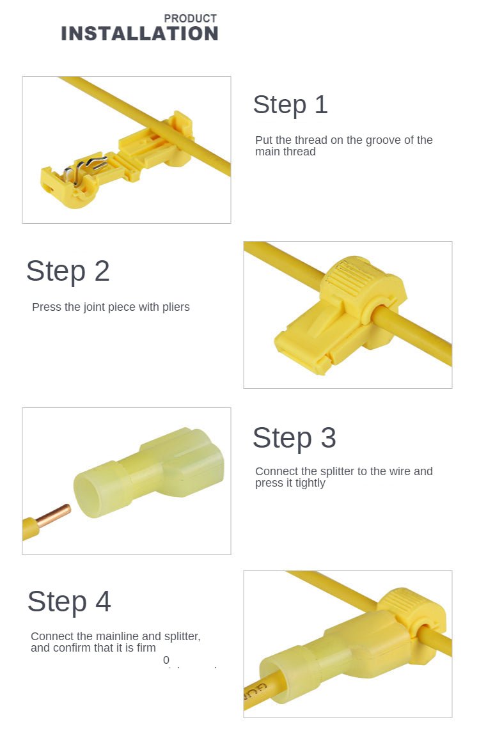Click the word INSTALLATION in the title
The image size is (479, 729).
pos(139,34)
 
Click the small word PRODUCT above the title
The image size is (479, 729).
pos(190,19)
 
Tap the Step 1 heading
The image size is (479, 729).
pos(290,105)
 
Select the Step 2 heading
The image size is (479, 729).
pos(68,271)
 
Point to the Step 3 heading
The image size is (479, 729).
pos(294,438)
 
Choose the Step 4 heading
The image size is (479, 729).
pos(69,602)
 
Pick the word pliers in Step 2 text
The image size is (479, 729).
pos(175,307)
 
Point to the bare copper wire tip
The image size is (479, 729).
pos(56,514)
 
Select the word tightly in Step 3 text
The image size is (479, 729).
pos(310,483)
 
